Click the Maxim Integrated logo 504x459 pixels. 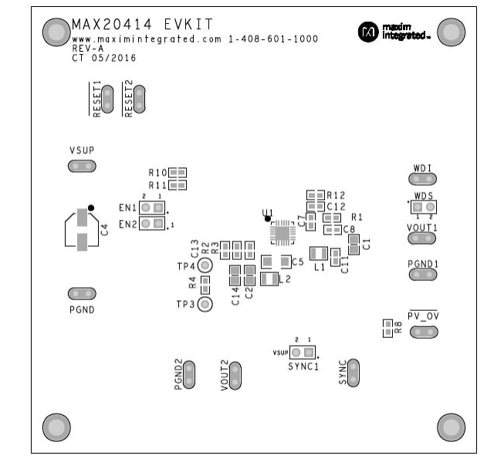click(393, 32)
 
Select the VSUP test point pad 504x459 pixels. click(82, 166)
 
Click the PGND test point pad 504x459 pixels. click(82, 293)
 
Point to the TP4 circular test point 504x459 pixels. click(205, 266)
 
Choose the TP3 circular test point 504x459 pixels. click(205, 304)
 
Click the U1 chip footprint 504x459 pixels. click(282, 230)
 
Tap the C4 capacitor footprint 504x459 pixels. click(81, 229)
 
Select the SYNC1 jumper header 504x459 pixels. click(303, 353)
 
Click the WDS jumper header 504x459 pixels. click(422, 207)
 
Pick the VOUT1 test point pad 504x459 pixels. click(422, 239)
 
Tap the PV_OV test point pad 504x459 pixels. click(422, 332)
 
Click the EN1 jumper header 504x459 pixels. click(152, 208)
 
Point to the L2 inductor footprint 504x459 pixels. click(269, 278)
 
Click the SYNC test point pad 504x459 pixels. click(353, 372)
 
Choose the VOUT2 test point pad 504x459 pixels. click(235, 376)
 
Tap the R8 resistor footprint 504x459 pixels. click(387, 328)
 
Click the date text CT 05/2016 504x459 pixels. click(105, 57)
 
